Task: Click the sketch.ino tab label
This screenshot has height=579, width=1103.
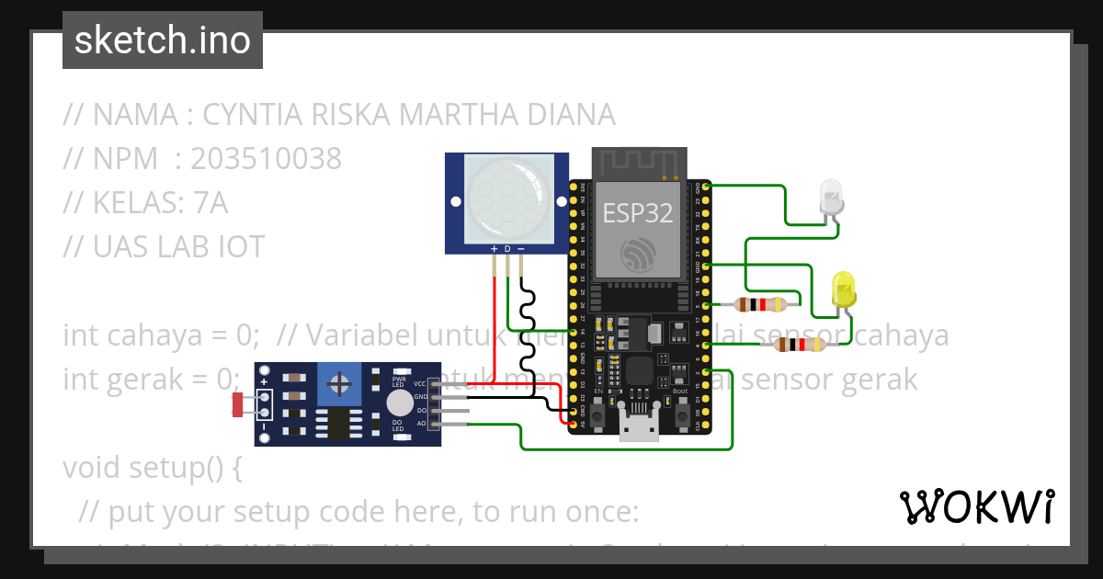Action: [x=162, y=40]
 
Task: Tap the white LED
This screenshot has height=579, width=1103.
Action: [x=830, y=198]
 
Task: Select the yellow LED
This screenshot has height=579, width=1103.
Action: [x=843, y=289]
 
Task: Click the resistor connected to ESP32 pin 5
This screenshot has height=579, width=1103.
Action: [x=760, y=305]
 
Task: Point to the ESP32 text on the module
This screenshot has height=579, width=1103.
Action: [x=638, y=213]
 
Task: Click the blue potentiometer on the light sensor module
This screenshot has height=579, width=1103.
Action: [x=338, y=384]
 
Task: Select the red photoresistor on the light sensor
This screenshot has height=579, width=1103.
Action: [x=240, y=403]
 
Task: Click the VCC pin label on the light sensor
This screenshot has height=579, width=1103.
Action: [x=420, y=383]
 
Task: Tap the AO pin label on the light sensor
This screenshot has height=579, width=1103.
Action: [x=421, y=424]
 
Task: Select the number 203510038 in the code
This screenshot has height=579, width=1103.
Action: [x=266, y=159]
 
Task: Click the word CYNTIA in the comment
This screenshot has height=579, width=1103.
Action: [x=242, y=115]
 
